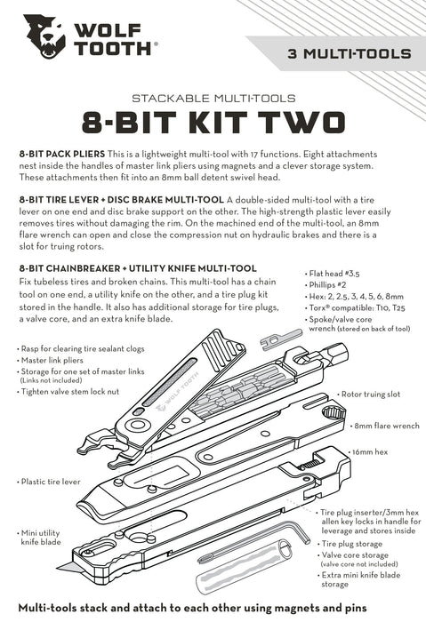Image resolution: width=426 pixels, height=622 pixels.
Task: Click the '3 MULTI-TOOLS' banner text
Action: click(x=349, y=53)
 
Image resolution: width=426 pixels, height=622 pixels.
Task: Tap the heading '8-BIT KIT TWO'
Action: click(x=213, y=121)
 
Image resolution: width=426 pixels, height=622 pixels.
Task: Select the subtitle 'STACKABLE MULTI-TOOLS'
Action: click(x=213, y=97)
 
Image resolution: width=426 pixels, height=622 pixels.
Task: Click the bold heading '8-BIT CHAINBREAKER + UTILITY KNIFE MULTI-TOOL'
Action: click(x=138, y=267)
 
